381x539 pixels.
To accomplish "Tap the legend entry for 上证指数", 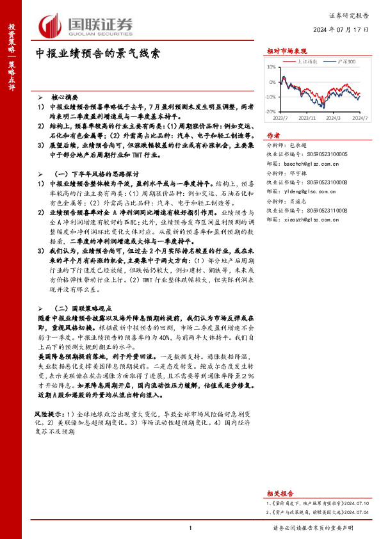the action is (309, 62).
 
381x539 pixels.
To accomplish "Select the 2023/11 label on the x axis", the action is (307, 118).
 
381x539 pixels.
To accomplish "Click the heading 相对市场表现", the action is (287, 51).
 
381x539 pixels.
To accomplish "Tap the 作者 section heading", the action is (273, 136).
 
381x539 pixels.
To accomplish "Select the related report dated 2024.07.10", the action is (313, 504).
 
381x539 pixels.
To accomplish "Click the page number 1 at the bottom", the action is (190, 527).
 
